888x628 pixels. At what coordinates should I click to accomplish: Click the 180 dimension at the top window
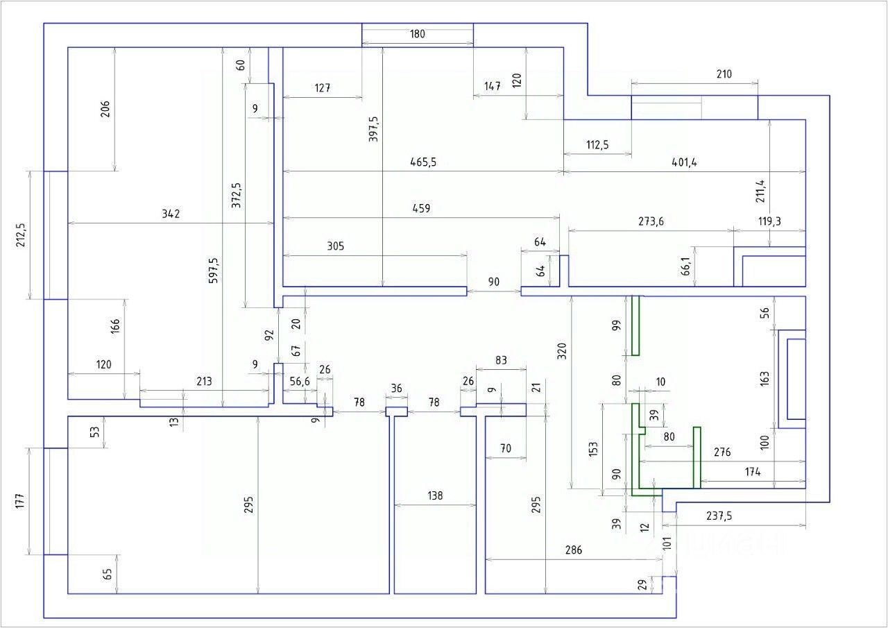point(417,33)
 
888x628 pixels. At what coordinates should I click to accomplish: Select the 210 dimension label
point(723,74)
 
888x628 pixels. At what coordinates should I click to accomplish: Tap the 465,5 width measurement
point(423,162)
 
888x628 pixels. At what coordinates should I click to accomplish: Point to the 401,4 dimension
point(684,162)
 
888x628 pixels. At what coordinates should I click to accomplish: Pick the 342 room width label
point(171,214)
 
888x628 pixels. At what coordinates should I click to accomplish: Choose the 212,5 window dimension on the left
point(20,235)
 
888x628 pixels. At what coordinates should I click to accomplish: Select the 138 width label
point(435,496)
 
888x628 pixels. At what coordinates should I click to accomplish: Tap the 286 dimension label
point(573,550)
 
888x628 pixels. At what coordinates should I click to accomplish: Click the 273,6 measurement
point(651,222)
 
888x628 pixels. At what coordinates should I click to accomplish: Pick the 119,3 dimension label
point(769,222)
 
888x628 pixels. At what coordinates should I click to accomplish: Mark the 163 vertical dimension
point(765,378)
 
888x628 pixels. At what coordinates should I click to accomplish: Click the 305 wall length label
point(335,246)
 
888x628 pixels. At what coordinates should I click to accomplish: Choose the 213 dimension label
point(204,381)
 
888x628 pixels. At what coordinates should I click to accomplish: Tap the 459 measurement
point(421,208)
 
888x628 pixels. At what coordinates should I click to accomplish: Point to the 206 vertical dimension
point(105,109)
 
